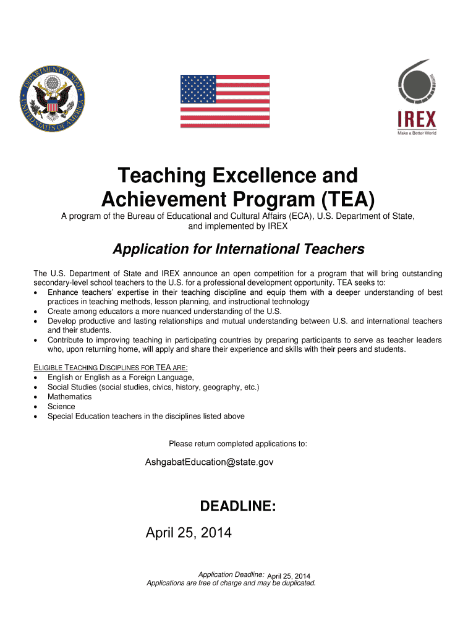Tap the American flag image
224,101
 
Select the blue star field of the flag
198,89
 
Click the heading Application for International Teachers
238,249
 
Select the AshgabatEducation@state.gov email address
209,462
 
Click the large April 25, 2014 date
188,532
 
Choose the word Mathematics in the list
69,397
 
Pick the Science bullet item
61,407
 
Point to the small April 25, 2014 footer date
289,577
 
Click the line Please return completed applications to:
238,444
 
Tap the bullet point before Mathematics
38,397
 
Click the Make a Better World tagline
416,132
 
